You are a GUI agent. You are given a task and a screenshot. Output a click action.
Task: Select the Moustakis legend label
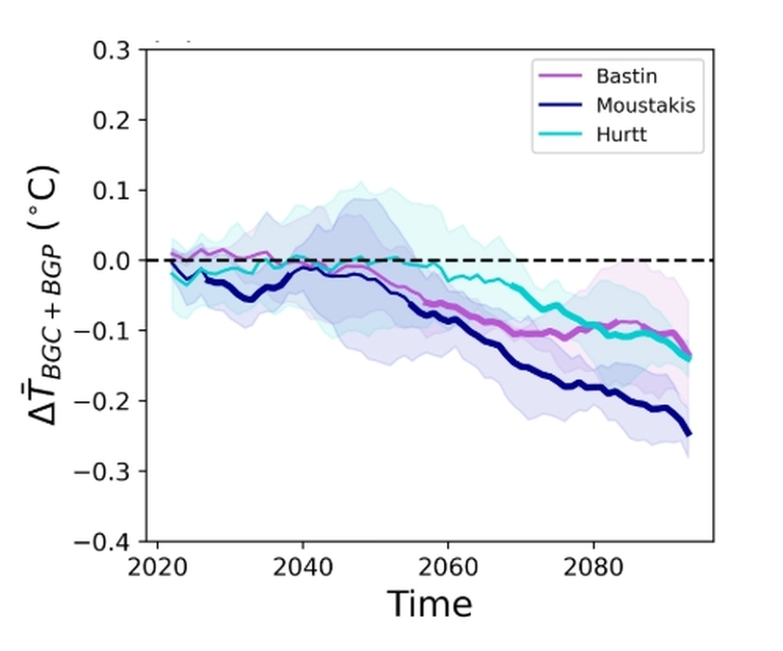tap(645, 105)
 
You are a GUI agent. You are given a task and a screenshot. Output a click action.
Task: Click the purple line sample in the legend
tap(559, 76)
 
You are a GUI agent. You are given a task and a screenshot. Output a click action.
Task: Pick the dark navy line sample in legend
tap(559, 105)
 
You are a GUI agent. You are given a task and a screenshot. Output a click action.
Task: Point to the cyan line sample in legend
tap(559, 134)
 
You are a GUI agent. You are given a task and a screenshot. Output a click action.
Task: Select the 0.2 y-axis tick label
tap(112, 120)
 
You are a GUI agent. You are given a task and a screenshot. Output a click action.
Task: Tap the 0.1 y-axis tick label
tap(112, 190)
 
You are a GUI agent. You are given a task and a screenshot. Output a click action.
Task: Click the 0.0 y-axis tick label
tap(112, 261)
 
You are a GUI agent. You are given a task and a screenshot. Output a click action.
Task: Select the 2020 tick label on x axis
tap(157, 568)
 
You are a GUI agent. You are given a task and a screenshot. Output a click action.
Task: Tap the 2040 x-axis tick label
tap(303, 568)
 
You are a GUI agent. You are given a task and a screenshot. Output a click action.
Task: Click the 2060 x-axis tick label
tap(448, 568)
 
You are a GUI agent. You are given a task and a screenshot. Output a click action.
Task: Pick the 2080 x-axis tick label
tap(594, 568)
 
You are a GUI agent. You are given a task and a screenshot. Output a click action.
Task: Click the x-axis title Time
tap(429, 605)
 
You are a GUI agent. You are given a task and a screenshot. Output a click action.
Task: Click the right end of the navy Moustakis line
tap(689, 434)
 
